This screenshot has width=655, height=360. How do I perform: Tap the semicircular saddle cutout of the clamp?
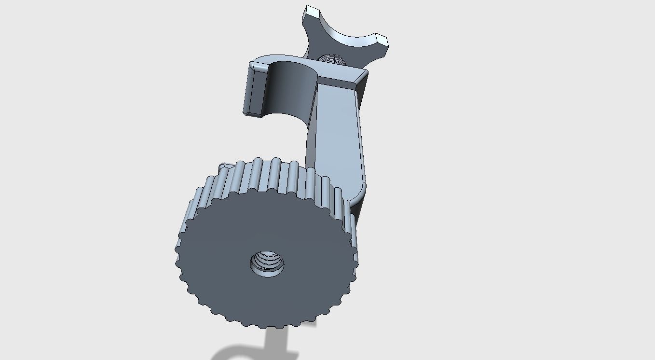point(289,92)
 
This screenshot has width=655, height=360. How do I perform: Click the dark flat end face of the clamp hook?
point(251,92)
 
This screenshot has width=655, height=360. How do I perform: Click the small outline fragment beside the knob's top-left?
point(223,166)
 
